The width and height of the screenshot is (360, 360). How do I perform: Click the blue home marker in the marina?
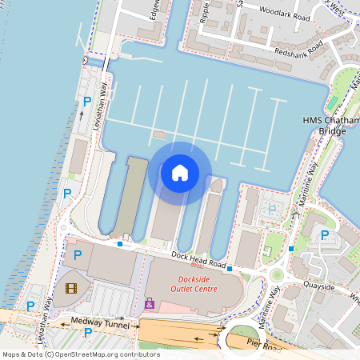(x=180, y=173)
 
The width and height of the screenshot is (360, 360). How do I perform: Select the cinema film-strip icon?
(x=73, y=287)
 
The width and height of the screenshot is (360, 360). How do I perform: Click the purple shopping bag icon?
(x=149, y=304)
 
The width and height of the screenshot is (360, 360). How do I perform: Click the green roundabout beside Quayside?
(x=277, y=276)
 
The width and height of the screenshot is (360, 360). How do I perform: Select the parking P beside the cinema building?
(x=78, y=255)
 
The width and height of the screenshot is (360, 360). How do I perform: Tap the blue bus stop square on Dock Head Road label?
(x=230, y=269)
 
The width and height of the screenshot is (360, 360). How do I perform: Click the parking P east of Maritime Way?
(x=324, y=235)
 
